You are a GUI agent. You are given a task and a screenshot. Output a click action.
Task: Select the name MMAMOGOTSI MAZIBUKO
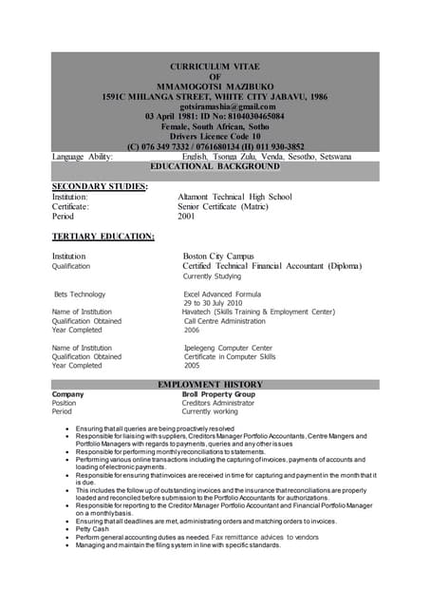click(215, 85)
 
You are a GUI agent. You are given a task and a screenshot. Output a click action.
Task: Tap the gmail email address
click(214, 106)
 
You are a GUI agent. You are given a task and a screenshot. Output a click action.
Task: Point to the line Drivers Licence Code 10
click(214, 137)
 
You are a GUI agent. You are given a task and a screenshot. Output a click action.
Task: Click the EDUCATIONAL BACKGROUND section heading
click(215, 166)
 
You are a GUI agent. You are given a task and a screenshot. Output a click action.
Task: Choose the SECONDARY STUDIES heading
click(100, 186)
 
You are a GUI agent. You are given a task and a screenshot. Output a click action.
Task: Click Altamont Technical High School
click(234, 197)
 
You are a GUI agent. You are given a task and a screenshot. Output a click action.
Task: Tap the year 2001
click(188, 217)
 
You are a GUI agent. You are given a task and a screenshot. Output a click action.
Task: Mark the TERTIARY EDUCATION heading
click(103, 236)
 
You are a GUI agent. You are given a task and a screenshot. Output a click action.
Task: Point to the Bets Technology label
click(81, 294)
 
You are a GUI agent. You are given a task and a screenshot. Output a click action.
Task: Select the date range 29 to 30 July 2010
click(219, 303)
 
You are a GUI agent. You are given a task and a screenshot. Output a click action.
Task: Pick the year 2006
click(192, 330)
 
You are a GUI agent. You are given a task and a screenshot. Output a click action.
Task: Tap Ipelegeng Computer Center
click(228, 348)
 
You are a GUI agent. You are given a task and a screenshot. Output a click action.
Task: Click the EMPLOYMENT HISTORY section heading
click(215, 384)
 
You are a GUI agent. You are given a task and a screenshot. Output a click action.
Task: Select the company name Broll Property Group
click(218, 393)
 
